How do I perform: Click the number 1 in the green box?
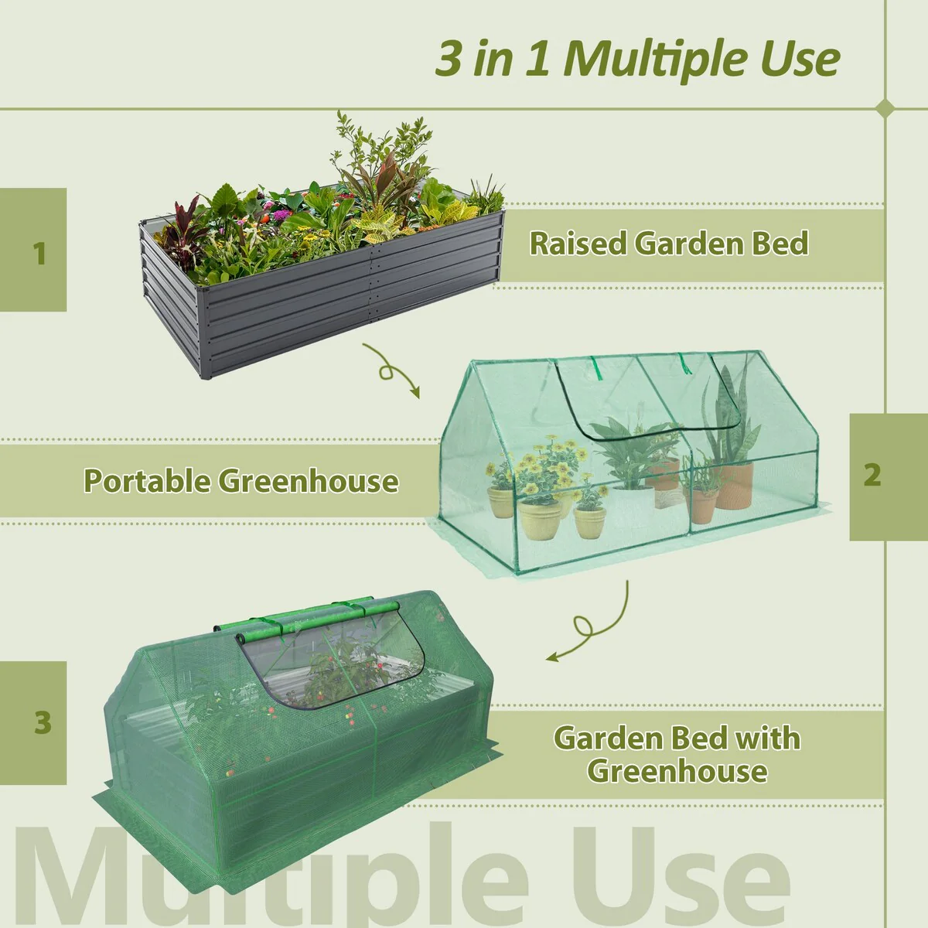point(39,253)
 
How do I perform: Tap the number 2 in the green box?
point(872,475)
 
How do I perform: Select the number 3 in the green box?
point(43,723)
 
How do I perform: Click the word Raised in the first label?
point(578,244)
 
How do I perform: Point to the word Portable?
point(146,481)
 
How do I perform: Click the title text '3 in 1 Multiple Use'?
point(637,59)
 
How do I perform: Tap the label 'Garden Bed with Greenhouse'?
point(677,754)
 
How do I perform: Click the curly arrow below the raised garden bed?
point(392,370)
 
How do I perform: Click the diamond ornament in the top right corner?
point(886,108)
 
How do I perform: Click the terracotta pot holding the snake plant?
point(734,485)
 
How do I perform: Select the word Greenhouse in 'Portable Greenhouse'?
point(309,481)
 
